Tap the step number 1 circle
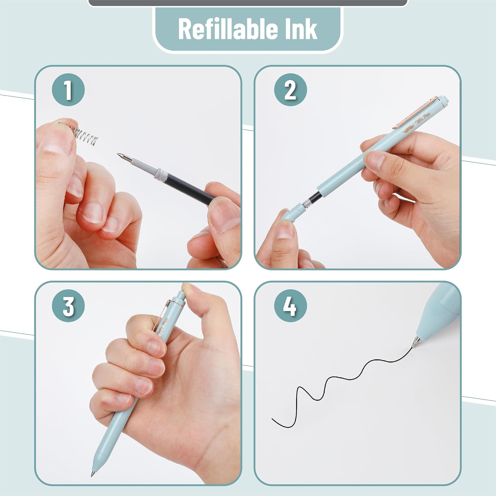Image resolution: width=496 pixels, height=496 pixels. tap(68, 90)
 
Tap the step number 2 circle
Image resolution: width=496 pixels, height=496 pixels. tap(290, 90)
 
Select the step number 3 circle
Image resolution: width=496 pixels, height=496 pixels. tap(68, 306)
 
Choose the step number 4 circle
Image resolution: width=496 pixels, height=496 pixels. tap(290, 306)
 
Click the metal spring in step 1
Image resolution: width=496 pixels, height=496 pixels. tap(79, 134)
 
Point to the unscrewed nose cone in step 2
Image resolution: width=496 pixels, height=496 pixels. tap(291, 212)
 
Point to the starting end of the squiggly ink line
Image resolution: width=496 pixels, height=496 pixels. tap(272, 419)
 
